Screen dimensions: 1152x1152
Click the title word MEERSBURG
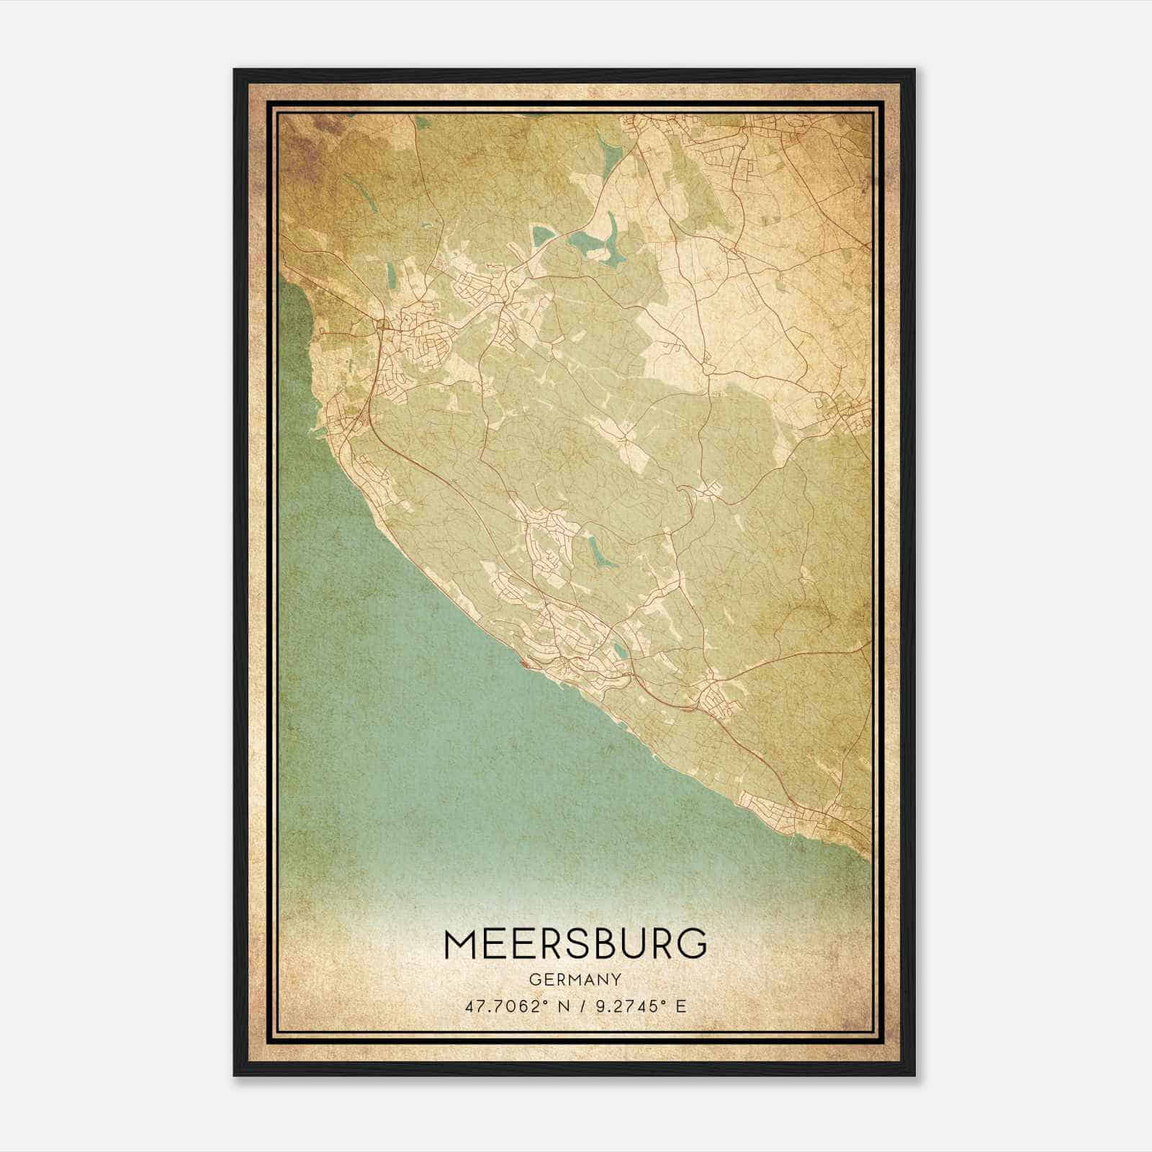(575, 944)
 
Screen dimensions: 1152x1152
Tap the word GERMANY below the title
(575, 980)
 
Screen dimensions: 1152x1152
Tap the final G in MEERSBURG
(691, 944)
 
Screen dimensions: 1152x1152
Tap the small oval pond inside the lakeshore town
(619, 653)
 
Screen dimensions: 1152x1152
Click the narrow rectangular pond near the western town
(390, 274)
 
